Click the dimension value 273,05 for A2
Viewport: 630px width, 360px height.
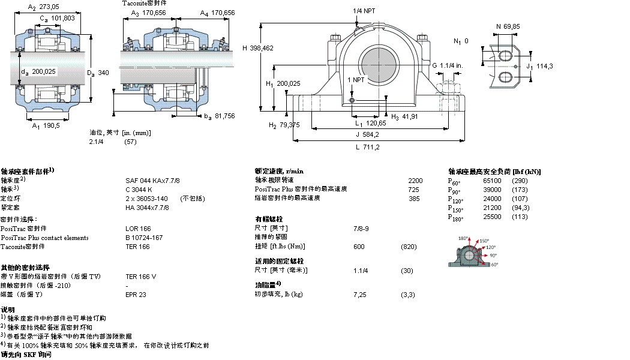49,8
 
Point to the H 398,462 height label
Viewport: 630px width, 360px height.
258,47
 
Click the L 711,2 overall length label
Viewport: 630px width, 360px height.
367,146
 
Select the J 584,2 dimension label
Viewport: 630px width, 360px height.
367,134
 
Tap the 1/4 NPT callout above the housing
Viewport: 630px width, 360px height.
366,11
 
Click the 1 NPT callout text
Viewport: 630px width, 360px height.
356,80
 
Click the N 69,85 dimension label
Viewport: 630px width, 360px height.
507,26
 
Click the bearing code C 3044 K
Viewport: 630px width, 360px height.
139,189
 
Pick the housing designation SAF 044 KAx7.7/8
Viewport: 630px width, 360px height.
153,180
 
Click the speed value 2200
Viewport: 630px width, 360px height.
415,180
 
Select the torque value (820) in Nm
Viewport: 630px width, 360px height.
409,247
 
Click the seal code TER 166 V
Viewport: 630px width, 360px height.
141,277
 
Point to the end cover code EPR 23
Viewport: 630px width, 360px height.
136,295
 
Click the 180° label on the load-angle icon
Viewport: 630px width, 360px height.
463,238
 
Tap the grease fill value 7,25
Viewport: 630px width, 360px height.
360,295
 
